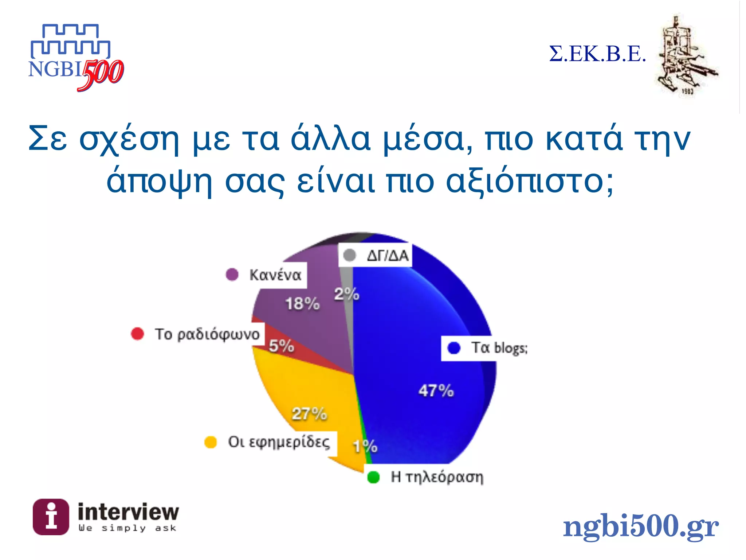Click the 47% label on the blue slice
436,390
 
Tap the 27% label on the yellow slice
309,414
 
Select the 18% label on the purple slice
302,303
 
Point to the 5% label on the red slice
281,345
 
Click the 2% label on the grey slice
346,294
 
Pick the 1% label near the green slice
365,446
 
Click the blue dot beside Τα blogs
454,348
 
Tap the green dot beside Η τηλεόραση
373,477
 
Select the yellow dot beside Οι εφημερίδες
211,442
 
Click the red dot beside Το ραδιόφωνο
137,334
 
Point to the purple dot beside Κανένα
232,274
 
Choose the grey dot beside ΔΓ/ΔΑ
350,255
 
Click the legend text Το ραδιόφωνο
207,334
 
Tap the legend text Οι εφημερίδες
279,442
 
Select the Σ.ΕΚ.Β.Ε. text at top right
597,54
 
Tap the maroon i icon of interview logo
51,517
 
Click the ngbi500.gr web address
640,526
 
